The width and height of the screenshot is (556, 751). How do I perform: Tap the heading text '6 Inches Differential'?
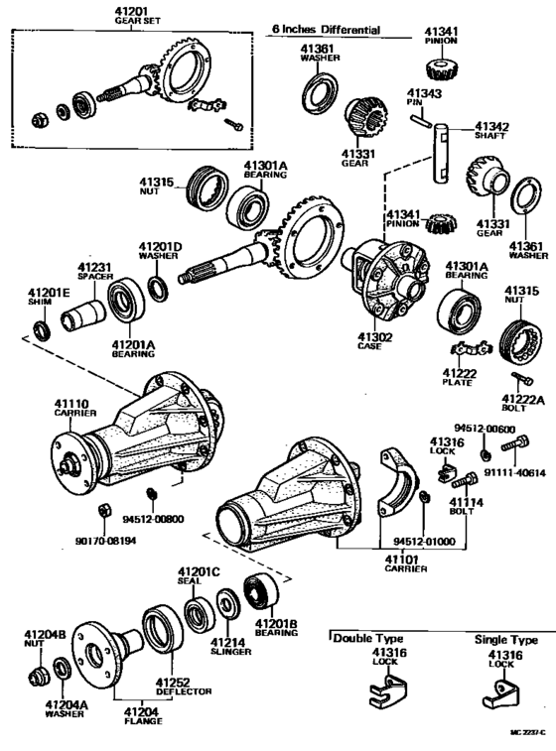point(326,30)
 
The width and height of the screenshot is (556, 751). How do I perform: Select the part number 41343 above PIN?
point(421,94)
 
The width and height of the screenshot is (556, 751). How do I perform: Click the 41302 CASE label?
point(374,341)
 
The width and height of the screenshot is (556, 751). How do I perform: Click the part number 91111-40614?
point(517,473)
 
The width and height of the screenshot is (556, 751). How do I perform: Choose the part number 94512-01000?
point(411,543)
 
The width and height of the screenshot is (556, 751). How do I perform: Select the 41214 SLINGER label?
point(229,648)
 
